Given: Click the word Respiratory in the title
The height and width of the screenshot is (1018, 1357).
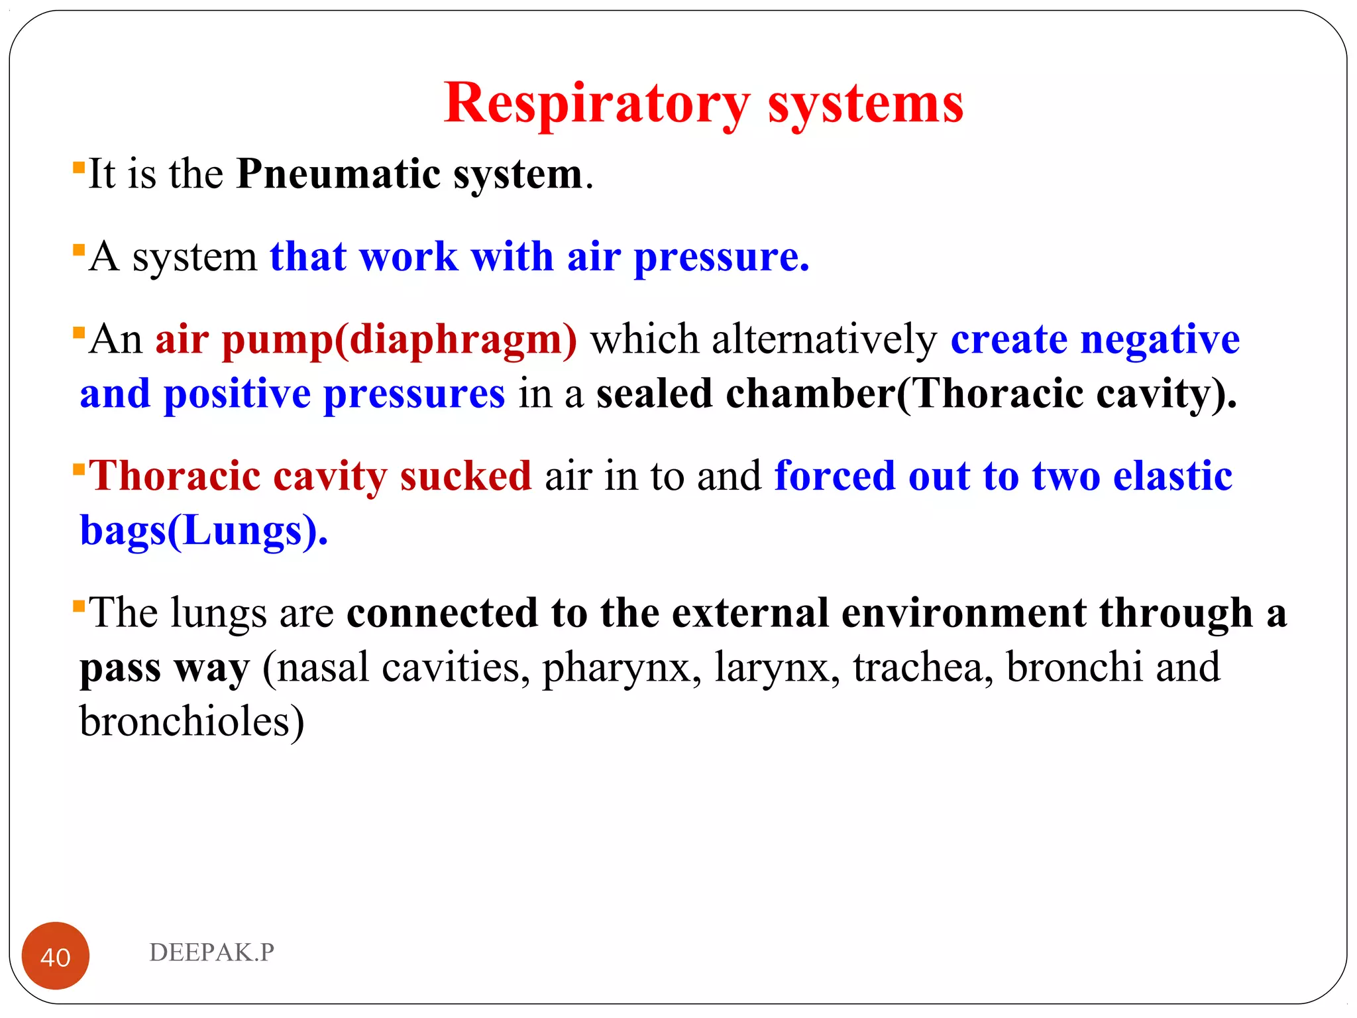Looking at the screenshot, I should pos(596,104).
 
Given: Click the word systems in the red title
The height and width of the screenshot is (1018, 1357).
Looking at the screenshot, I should pos(865,104).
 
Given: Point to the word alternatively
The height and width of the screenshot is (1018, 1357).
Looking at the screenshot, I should pos(824,339).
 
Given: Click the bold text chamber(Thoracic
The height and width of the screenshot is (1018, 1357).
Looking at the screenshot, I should pos(904,394).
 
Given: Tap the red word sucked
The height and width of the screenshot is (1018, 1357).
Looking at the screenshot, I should pos(465,476).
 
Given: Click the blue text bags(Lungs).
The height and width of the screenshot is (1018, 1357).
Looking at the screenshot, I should pos(203,532).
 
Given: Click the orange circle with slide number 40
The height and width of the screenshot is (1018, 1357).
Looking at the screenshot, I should pos(56,956).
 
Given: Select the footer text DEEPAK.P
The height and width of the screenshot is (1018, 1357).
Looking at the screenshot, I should pos(211,952).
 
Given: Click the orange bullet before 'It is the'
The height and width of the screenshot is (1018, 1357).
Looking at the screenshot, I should pos(79,166).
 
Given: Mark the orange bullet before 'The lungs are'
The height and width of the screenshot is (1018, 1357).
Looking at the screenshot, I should pos(79,604).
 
